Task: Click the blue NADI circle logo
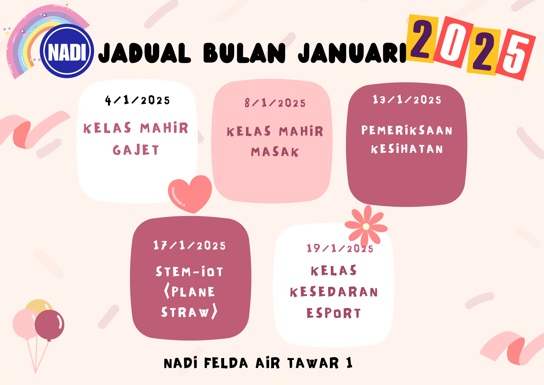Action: point(67,51)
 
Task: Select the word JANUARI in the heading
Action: point(352,53)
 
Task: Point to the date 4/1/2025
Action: point(137,100)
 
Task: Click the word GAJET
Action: point(136,150)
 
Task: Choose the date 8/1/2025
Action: point(275,103)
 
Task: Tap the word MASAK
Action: point(275,152)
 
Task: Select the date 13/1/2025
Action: point(407,100)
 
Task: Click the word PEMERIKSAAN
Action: point(407,130)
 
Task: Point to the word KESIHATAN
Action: point(407,149)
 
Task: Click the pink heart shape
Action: point(190,193)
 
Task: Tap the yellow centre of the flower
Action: point(366,227)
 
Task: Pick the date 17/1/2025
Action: point(190,245)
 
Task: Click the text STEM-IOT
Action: point(190,271)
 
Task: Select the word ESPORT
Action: point(334,313)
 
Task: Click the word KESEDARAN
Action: point(334,292)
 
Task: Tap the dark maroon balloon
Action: point(50,325)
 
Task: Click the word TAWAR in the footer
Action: point(313,363)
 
